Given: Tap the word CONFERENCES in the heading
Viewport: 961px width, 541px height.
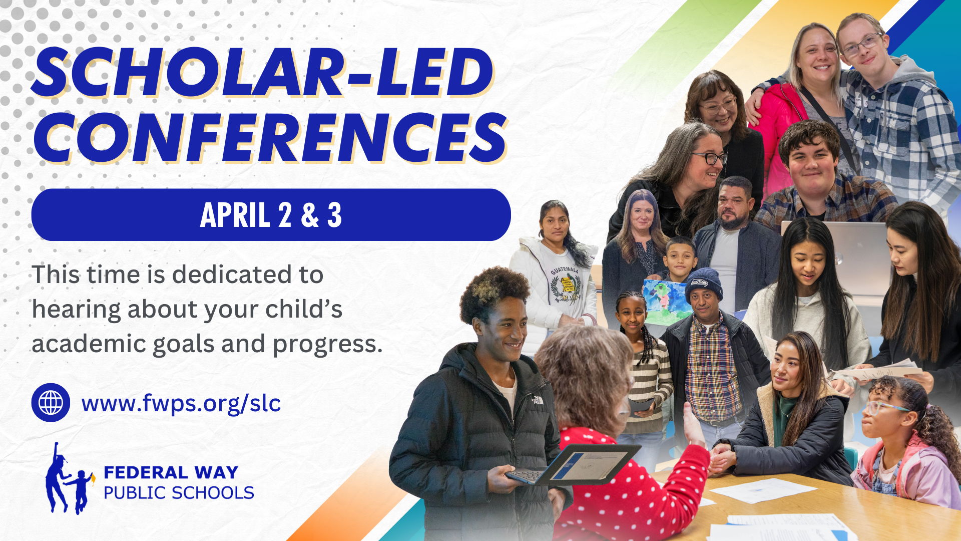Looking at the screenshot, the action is pos(270,137).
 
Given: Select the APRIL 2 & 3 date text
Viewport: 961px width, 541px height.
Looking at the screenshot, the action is pos(271,215).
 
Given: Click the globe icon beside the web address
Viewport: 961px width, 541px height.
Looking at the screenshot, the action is pos(51,402).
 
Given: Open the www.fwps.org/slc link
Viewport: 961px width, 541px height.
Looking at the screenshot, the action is pos(181,403).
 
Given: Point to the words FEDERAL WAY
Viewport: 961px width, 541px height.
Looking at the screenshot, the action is pos(171,472).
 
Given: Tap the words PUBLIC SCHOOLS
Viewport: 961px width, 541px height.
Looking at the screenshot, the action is pos(179,493).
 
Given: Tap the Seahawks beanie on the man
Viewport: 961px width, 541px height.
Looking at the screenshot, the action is pos(704,284).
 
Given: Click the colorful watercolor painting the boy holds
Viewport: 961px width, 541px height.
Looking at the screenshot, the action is pos(665,302).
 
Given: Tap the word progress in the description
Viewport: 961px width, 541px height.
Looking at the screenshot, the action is pos(327,345).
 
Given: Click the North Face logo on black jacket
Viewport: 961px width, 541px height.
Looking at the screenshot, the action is pos(538,400).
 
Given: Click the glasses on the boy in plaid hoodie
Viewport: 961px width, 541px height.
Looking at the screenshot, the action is pos(861,44).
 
